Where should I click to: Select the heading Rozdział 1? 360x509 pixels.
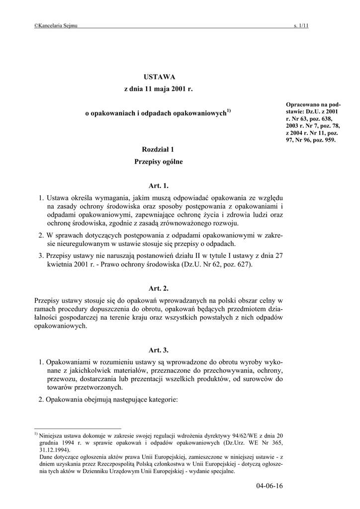159,149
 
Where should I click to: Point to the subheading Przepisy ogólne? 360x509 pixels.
159,162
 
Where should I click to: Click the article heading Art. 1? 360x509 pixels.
159,186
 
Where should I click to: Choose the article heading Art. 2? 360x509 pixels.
159,288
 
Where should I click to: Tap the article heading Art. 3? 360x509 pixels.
159,350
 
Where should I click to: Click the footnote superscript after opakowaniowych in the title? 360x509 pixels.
229,110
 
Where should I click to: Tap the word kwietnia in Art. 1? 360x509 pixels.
59,264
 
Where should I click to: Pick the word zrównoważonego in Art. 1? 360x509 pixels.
188,224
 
